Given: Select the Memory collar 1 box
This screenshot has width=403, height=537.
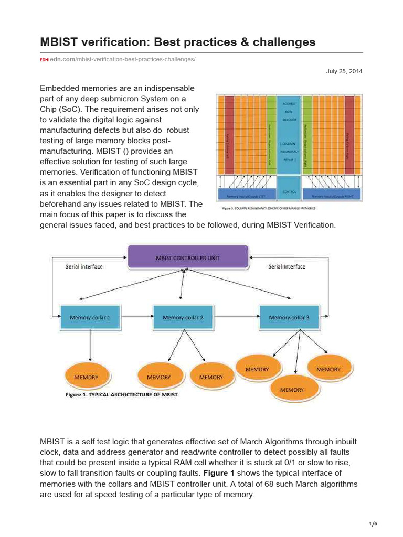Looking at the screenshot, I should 90,317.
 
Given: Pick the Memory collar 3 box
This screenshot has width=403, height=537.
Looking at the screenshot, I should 289,317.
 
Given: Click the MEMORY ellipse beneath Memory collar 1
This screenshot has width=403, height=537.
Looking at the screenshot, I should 87,377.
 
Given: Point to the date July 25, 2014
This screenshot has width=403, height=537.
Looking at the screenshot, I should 344,71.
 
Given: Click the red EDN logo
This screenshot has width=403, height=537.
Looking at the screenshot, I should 44,60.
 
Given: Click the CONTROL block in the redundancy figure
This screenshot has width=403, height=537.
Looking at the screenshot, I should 289,192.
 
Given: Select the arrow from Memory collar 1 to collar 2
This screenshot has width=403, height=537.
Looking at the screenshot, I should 136,316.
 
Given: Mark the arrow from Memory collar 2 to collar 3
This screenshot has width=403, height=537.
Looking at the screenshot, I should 233,316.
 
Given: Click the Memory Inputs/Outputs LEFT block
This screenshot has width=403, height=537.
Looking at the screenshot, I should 246,197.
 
